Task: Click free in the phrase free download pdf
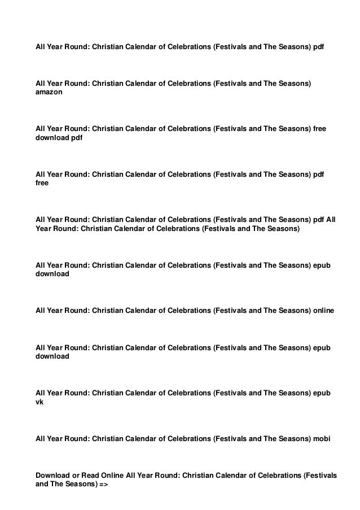[x=319, y=129]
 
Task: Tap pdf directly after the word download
[x=77, y=138]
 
